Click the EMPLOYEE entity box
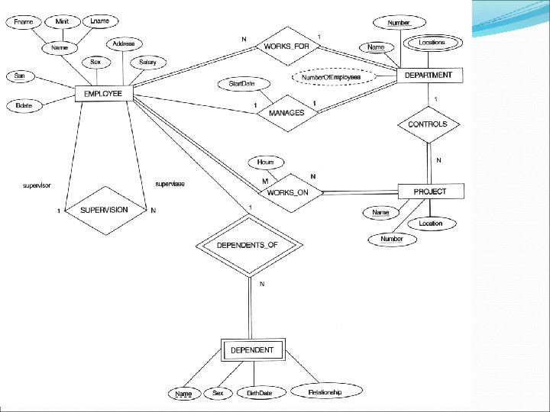tap(103, 94)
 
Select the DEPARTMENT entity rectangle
tap(428, 76)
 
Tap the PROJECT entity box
tap(429, 192)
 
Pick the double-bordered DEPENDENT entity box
tap(252, 351)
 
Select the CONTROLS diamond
tap(428, 124)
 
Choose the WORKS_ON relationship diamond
tap(288, 192)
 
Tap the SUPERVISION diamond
tap(104, 210)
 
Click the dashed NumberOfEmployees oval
tap(331, 77)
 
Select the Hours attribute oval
tap(265, 163)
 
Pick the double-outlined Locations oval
tap(432, 43)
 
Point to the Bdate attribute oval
tap(24, 105)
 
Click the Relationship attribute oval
tap(325, 392)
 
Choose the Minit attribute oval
tap(62, 22)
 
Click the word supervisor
tap(37, 185)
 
